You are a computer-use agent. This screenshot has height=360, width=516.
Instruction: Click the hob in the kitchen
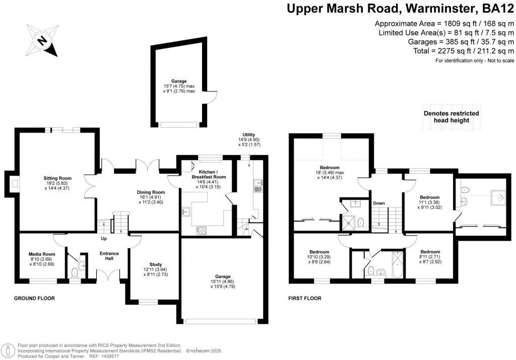pyautogui.click(x=201, y=231)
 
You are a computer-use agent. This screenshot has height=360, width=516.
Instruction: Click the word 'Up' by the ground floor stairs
pyautogui.click(x=104, y=239)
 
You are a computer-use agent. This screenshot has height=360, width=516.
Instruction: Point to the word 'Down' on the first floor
pyautogui.click(x=379, y=203)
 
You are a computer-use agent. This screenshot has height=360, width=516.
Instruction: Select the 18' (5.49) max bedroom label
pyautogui.click(x=330, y=172)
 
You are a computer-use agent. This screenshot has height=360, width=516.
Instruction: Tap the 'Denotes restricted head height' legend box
pyautogui.click(x=451, y=117)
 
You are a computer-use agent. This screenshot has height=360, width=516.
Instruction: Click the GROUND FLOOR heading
pyautogui.click(x=34, y=299)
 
